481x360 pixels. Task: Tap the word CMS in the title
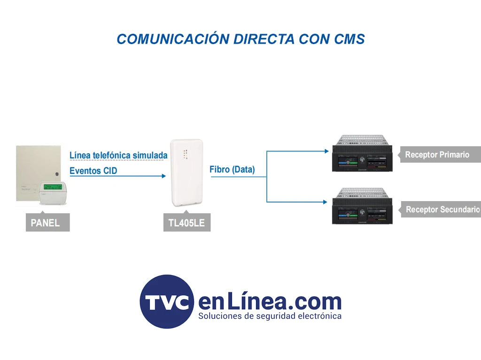click(349, 39)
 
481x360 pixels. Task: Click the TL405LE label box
click(186, 223)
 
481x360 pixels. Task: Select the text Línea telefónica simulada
click(118, 155)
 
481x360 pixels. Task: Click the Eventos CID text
click(93, 171)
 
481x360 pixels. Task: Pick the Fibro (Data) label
click(232, 170)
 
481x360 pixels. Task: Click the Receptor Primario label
click(437, 155)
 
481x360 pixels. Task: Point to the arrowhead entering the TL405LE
click(163, 176)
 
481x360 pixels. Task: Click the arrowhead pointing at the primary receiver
click(326, 151)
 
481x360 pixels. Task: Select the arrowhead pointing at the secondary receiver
click(326, 202)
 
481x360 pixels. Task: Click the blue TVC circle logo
click(167, 301)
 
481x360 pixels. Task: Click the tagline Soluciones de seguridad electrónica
click(270, 316)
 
